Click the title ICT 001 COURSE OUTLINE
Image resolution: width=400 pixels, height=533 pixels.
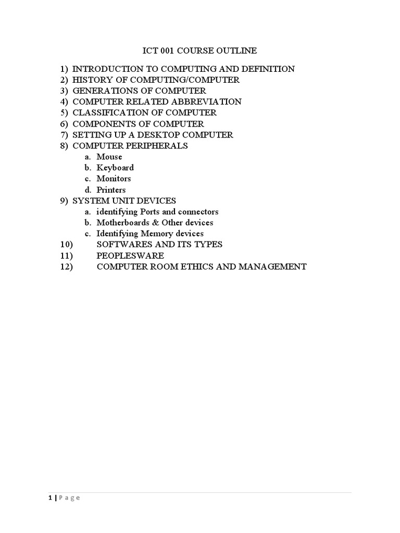[199, 50]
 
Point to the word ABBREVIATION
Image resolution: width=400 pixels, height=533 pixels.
[209, 101]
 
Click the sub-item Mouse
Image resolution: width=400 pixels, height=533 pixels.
[109, 157]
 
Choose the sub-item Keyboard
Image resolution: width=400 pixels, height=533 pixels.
[115, 168]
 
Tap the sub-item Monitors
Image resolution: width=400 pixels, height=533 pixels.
[114, 179]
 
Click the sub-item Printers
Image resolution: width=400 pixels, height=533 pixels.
[111, 190]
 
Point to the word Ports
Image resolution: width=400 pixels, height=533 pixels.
[149, 212]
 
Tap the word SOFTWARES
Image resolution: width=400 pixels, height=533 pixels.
[123, 244]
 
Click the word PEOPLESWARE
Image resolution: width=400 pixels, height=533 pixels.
[130, 256]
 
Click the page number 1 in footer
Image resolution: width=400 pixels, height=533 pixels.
[50, 498]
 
